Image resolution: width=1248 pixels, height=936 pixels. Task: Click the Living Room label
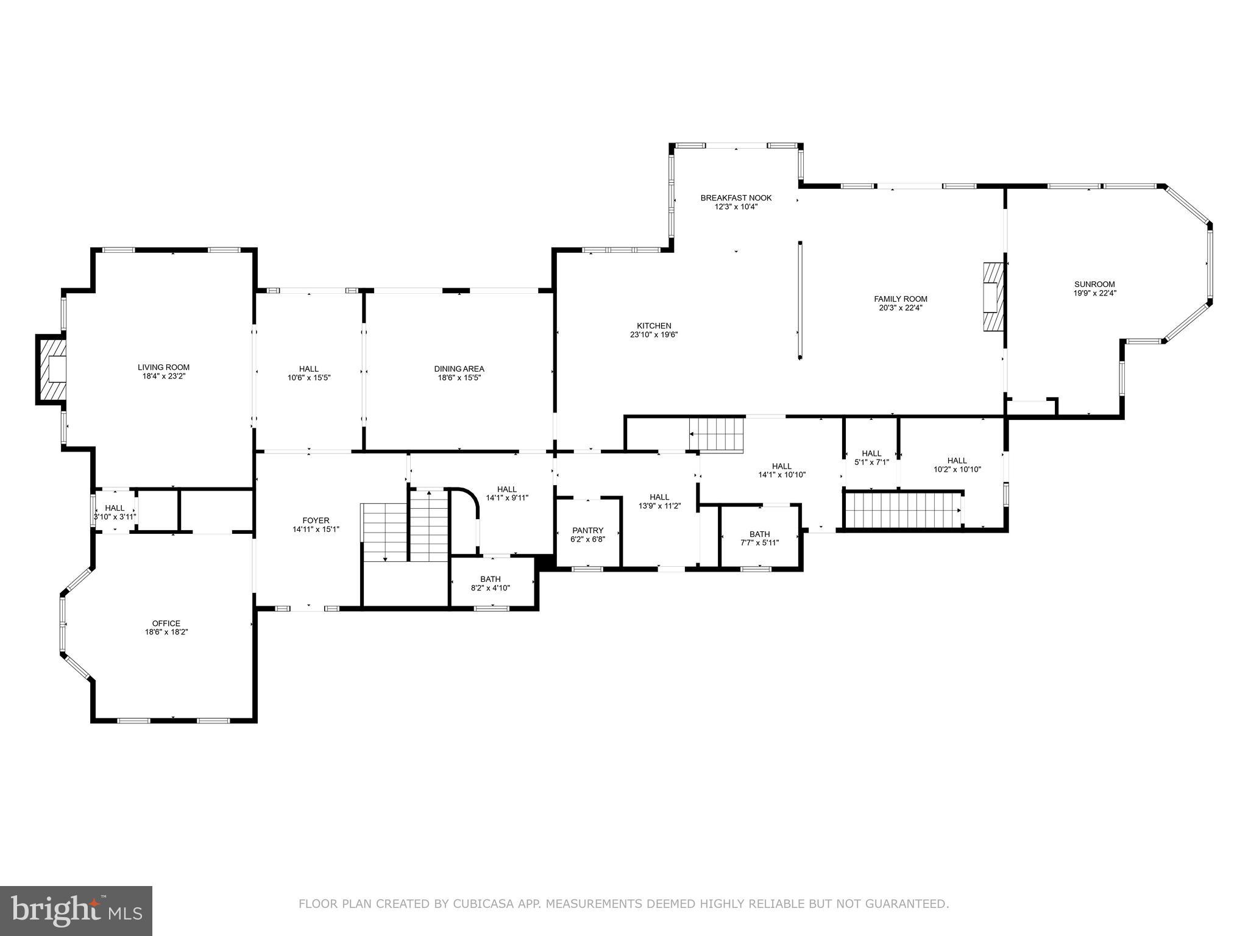pyautogui.click(x=163, y=367)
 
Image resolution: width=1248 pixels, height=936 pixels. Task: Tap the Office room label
pyautogui.click(x=166, y=623)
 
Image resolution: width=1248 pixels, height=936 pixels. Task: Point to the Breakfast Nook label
pyautogui.click(x=736, y=198)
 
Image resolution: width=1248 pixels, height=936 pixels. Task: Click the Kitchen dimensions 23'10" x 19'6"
pyautogui.click(x=654, y=335)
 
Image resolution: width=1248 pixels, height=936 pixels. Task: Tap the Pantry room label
pyautogui.click(x=587, y=530)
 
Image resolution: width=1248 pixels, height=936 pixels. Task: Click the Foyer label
pyautogui.click(x=316, y=520)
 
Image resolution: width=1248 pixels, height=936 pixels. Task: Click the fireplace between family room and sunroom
pyautogui.click(x=993, y=297)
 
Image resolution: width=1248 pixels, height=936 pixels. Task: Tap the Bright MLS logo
pyautogui.click(x=76, y=912)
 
